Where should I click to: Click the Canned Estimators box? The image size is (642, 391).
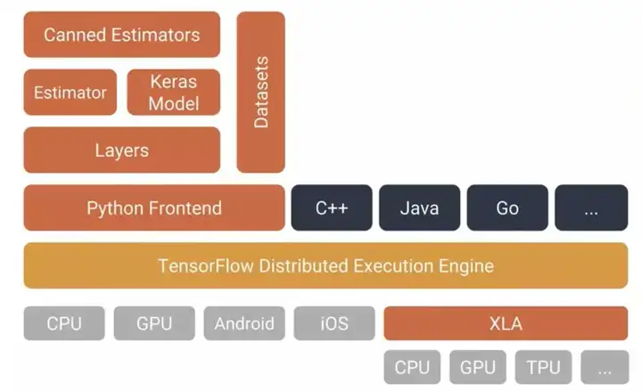tap(121, 36)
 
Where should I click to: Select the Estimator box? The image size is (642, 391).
tap(70, 93)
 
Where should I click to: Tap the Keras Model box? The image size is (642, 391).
tap(174, 93)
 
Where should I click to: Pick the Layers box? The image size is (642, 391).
tap(121, 150)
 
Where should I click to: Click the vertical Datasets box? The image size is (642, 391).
tap(260, 93)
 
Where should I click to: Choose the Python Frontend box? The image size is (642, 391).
tap(153, 208)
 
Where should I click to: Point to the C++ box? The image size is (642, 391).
tap(332, 208)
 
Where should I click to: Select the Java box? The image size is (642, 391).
tap(419, 208)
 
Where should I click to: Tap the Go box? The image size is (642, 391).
tap(507, 208)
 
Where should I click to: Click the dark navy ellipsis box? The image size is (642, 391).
tap(591, 208)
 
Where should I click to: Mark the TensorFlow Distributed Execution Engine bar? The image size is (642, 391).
tap(325, 265)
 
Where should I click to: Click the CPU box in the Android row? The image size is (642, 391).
tap(64, 323)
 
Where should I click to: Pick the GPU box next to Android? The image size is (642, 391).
tap(154, 323)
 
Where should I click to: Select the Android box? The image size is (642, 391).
tap(244, 323)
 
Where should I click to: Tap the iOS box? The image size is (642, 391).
tap(334, 323)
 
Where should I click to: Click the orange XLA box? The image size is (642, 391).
tap(506, 323)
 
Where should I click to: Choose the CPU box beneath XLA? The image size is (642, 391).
tap(412, 367)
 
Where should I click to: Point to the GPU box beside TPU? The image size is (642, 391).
tap(478, 367)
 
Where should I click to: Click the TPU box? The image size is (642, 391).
tap(543, 367)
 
